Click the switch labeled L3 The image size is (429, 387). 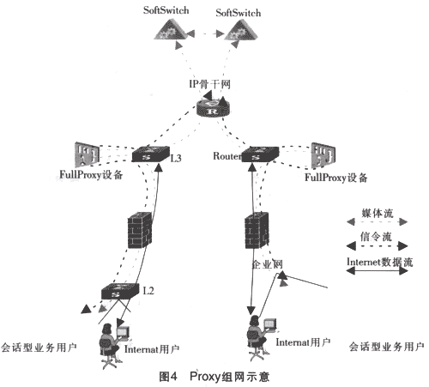(x=151, y=155)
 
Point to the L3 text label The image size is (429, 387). (x=176, y=158)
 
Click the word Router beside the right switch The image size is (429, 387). (x=227, y=156)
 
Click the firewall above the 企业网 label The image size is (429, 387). (x=254, y=231)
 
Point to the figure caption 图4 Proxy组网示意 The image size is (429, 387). (x=216, y=376)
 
